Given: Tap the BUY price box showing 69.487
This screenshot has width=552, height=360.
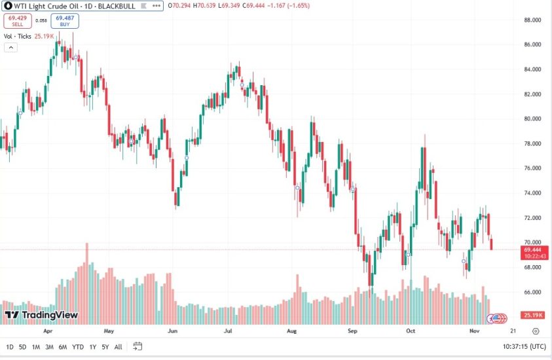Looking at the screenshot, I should pos(64,21).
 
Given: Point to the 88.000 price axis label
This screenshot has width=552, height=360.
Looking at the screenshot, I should pos(531,20).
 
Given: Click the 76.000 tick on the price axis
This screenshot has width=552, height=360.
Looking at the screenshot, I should pos(531,168).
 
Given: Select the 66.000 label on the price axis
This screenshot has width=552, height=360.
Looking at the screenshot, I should pos(531,292).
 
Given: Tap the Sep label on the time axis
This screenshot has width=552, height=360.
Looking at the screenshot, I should pos(352,331).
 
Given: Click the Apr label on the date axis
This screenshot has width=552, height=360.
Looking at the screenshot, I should pos(47,331).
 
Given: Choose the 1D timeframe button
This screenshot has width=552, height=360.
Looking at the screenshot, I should pos(10,347).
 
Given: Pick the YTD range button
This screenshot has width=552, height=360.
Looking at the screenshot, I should pos(78,347).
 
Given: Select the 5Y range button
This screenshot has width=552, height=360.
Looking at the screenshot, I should pos(105,347).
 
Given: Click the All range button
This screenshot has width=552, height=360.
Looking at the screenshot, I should pos(118,347).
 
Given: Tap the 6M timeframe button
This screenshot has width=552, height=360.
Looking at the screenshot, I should pos(63,347).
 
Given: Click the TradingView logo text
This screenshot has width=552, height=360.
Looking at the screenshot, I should pos(50,315).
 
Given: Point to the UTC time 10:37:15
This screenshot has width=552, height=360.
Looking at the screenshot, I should pos(515,347).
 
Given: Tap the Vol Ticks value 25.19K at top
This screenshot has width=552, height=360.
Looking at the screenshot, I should pos(44,36).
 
